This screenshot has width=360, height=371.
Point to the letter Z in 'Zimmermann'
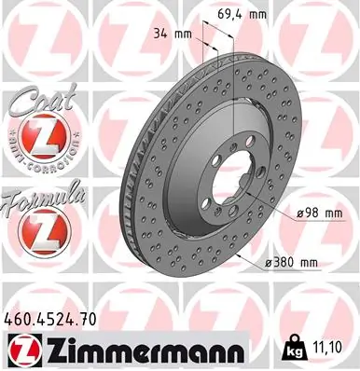50,350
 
